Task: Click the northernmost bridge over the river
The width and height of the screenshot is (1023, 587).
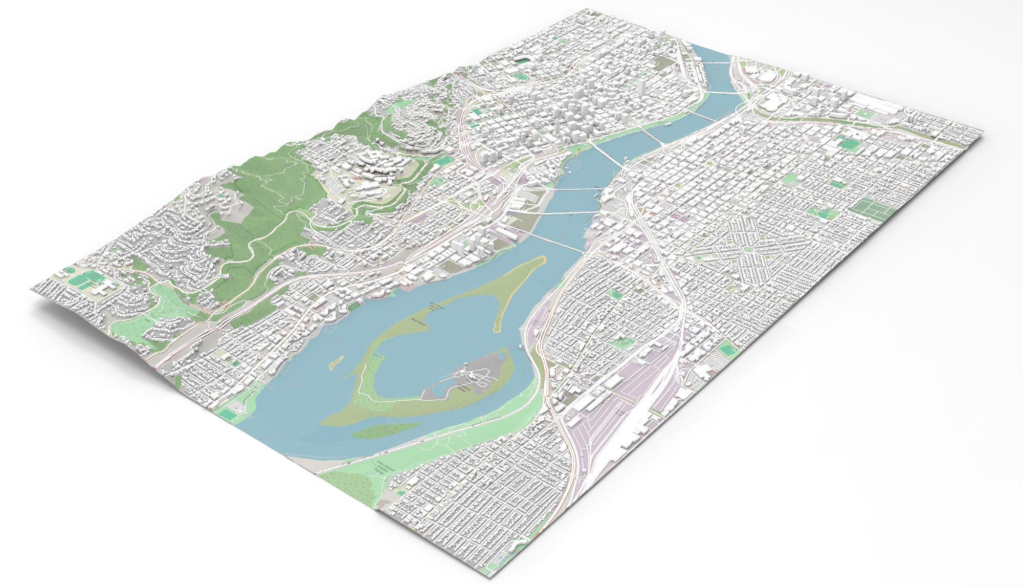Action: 714,62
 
